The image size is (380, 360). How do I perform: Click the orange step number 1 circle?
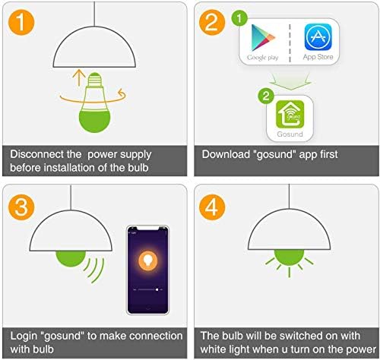click(x=21, y=22)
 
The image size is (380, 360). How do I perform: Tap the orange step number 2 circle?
click(x=212, y=22)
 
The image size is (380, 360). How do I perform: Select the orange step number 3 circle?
click(x=21, y=207)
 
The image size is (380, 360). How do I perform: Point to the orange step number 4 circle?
click(x=212, y=207)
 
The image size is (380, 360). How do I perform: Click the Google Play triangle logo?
click(x=263, y=38)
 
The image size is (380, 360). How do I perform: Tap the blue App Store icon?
click(x=318, y=37)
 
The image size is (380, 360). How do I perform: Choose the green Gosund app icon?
click(x=290, y=115)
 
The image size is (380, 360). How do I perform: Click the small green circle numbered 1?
click(x=239, y=18)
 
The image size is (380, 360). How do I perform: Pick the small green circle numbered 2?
click(x=266, y=96)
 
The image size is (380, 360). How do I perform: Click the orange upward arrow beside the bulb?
click(x=79, y=77)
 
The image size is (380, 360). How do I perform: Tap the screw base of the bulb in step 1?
click(x=95, y=80)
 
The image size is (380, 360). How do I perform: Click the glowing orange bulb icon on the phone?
click(x=147, y=261)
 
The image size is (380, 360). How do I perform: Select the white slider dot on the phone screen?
click(x=157, y=289)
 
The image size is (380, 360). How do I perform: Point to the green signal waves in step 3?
click(x=94, y=270)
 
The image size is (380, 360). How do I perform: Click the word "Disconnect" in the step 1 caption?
click(x=36, y=154)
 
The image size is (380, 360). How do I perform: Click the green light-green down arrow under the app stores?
click(x=290, y=81)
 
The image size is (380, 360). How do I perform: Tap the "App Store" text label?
click(x=318, y=57)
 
